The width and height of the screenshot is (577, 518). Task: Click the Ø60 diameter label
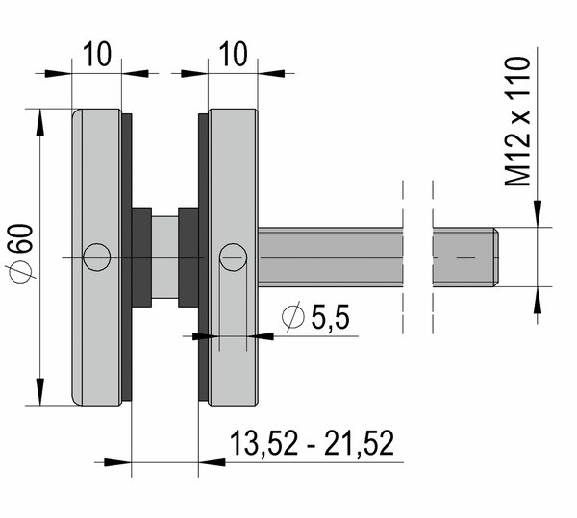point(21,254)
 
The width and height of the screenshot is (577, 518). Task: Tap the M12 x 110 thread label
point(517,122)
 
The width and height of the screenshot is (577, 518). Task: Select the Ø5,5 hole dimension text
point(315,316)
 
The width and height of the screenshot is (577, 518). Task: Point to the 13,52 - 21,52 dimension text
point(312,443)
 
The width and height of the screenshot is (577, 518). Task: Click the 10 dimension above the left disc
point(97,54)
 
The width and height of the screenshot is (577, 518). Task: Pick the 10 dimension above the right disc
point(234,54)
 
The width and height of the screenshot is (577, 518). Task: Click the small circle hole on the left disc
point(97,258)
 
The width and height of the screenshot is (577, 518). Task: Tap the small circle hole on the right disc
point(233,258)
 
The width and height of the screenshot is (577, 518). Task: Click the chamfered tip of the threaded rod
point(496,257)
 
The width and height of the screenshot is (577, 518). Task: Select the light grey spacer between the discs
point(164,257)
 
